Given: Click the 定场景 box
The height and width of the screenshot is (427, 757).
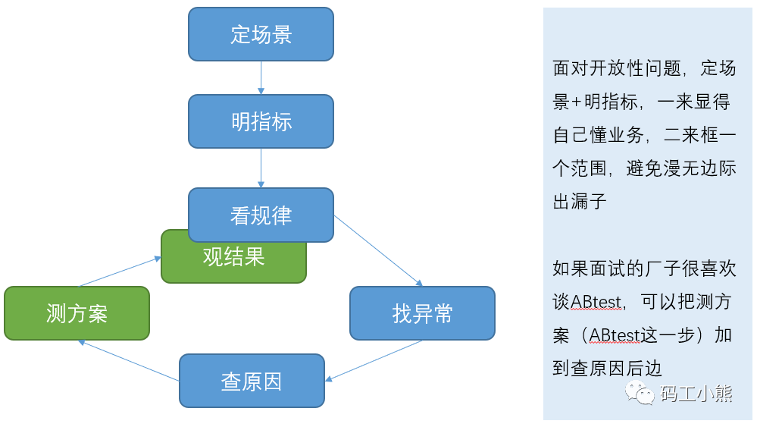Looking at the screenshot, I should tap(261, 34).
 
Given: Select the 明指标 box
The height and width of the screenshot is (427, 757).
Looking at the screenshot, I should tap(261, 121).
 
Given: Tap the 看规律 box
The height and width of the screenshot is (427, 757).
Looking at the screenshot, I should tap(261, 215).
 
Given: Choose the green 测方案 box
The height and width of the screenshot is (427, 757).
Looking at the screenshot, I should tap(77, 313).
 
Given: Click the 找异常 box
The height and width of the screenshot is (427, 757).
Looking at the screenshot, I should tap(422, 313).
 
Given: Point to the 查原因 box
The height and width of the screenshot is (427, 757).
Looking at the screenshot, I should tap(252, 381).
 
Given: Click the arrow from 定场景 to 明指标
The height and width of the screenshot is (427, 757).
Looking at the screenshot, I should tap(261, 77).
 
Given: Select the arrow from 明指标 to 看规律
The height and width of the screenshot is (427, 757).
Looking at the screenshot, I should tap(261, 168).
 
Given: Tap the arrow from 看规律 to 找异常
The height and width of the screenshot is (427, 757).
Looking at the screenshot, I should tap(377, 250).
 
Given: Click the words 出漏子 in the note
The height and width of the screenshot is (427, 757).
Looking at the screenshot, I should tap(580, 202).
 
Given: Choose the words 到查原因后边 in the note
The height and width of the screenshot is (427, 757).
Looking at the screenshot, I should tap(608, 369).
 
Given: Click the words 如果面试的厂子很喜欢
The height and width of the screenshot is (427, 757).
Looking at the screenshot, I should tap(644, 268).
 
